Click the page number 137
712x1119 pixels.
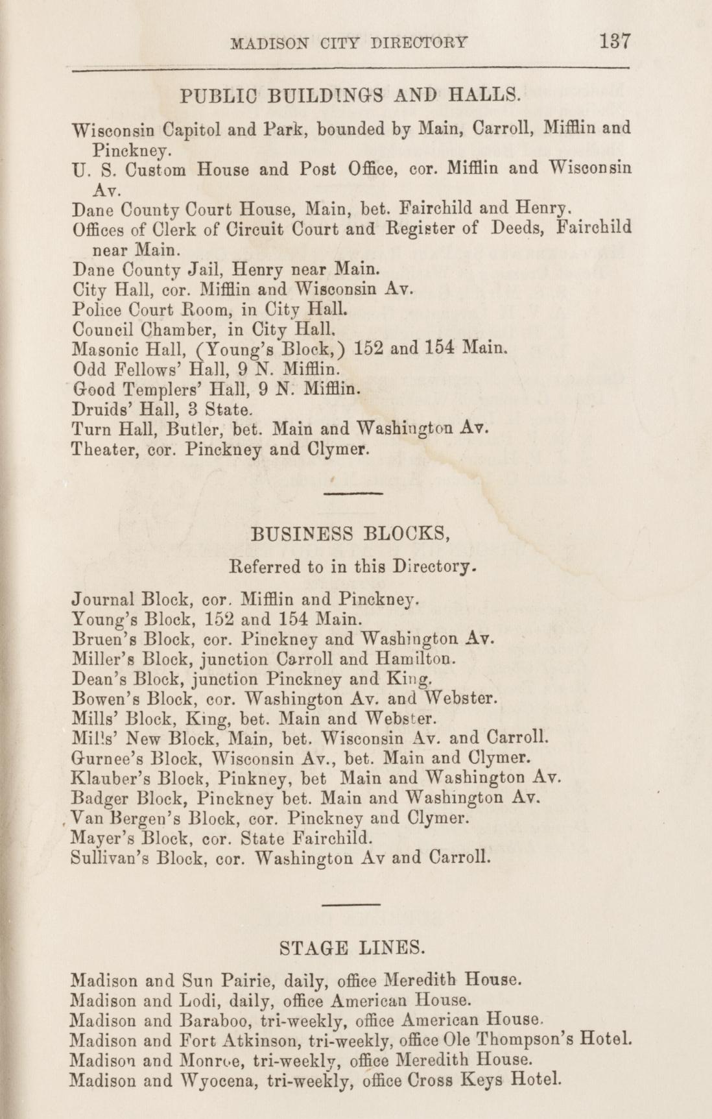[615, 42]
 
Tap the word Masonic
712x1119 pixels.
[102, 350]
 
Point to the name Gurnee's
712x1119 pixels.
[106, 757]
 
